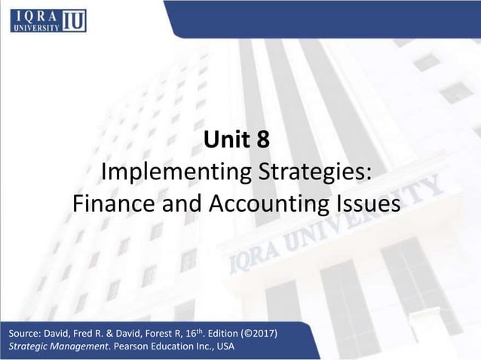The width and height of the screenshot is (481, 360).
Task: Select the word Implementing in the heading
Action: (x=171, y=172)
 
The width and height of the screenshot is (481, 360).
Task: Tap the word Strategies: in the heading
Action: (x=310, y=172)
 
